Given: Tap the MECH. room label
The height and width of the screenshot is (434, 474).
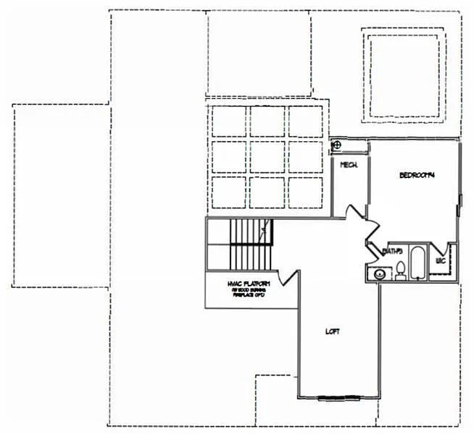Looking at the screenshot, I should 346,166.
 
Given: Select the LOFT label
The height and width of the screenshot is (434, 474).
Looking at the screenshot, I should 333,331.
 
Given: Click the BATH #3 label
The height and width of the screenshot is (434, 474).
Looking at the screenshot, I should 392,251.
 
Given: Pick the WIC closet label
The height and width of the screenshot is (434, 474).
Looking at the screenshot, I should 439,260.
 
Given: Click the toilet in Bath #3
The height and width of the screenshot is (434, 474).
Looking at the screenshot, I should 399,271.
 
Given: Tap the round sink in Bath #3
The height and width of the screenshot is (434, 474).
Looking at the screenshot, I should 378,273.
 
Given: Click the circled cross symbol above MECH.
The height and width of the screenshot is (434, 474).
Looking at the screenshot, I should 336,145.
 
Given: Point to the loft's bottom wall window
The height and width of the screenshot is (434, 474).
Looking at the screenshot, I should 339,397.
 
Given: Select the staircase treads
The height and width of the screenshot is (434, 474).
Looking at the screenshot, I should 246,244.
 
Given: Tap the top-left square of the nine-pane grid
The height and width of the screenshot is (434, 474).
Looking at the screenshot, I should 228,121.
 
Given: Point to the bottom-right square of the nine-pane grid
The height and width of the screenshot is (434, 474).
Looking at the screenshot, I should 304,192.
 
